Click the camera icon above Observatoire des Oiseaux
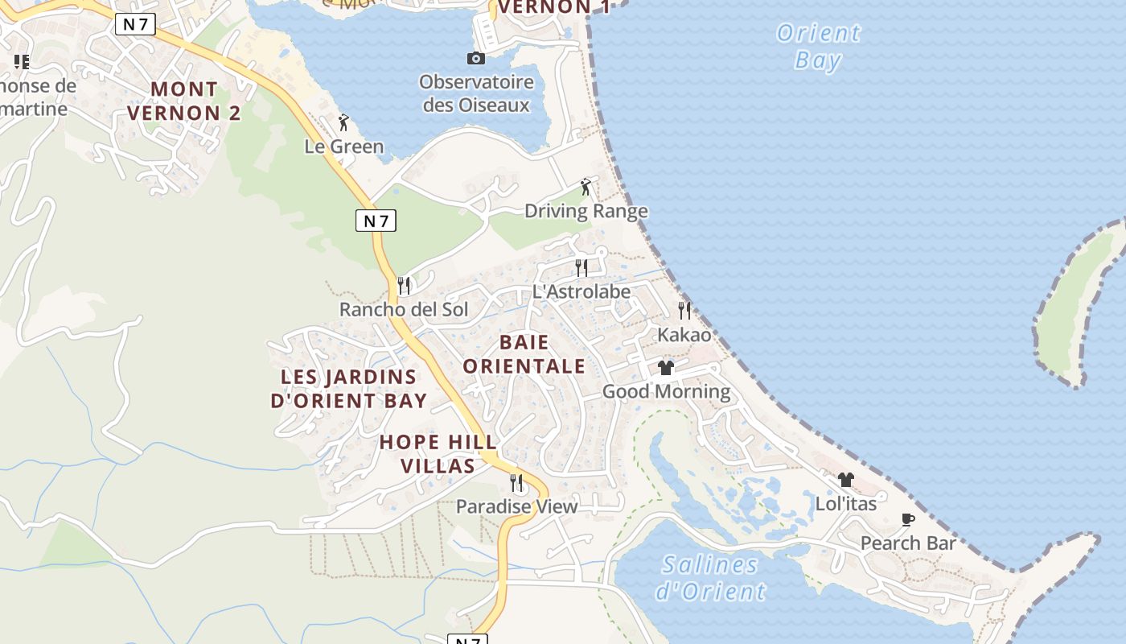tap(476, 58)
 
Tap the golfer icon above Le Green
tap(344, 122)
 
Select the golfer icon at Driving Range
tap(586, 188)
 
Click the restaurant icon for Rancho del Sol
tap(404, 285)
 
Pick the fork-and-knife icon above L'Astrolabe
tap(581, 267)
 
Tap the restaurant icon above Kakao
tap(684, 310)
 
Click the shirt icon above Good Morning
tap(666, 368)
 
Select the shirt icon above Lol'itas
tap(845, 480)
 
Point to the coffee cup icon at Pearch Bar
tap(908, 520)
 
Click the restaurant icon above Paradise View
tap(516, 482)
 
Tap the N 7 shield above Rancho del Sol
tap(376, 221)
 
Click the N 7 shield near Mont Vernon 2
tap(135, 24)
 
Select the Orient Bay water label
tap(819, 47)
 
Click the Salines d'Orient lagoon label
tap(710, 578)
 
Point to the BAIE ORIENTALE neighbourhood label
tap(524, 354)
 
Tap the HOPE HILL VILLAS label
tap(438, 454)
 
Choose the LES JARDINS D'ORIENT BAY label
tap(349, 389)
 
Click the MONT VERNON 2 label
tap(184, 101)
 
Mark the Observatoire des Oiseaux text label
tap(476, 93)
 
